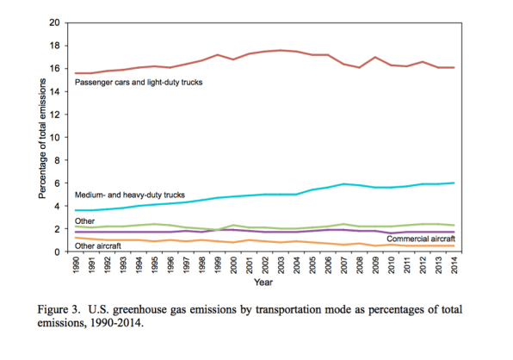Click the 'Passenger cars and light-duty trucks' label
click(x=139, y=82)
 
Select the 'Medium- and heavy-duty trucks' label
click(x=130, y=195)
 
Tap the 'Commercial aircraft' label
click(x=420, y=239)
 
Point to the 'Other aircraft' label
click(x=98, y=245)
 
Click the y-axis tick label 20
click(x=54, y=22)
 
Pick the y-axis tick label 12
click(x=54, y=115)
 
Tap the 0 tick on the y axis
click(x=58, y=252)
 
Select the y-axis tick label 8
click(x=58, y=160)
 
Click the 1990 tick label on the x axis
click(x=76, y=264)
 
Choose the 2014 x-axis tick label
click(x=454, y=264)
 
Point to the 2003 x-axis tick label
click(x=281, y=264)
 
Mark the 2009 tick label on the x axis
click(x=375, y=264)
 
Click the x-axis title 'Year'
click(x=263, y=282)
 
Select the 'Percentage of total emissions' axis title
click(x=42, y=139)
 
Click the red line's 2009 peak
click(x=375, y=57)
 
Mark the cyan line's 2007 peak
click(x=343, y=184)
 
